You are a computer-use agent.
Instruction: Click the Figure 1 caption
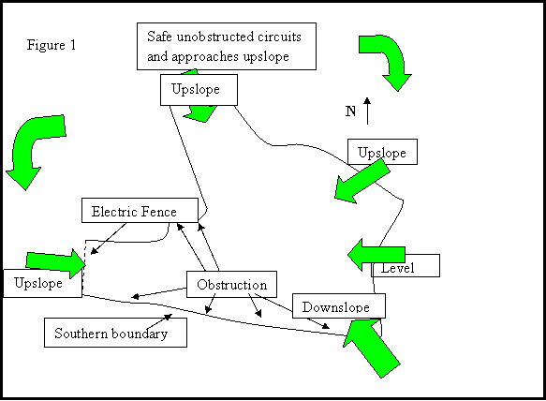point(52,45)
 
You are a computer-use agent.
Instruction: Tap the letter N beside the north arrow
point(350,111)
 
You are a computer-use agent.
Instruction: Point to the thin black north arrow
point(367,111)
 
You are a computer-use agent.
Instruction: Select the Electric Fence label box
point(140,211)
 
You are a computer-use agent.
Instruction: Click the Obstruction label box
point(232,284)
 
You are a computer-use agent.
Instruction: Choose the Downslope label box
point(339,305)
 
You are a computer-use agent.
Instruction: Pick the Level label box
point(406,265)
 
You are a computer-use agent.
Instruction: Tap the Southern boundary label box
point(115,333)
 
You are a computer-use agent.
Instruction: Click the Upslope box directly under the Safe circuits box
point(199,90)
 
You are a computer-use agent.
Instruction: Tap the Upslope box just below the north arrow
point(382,152)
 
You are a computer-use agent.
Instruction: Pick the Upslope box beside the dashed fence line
point(43,283)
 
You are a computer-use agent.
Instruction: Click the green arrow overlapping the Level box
point(376,255)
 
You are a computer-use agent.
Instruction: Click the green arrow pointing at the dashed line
point(55,263)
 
